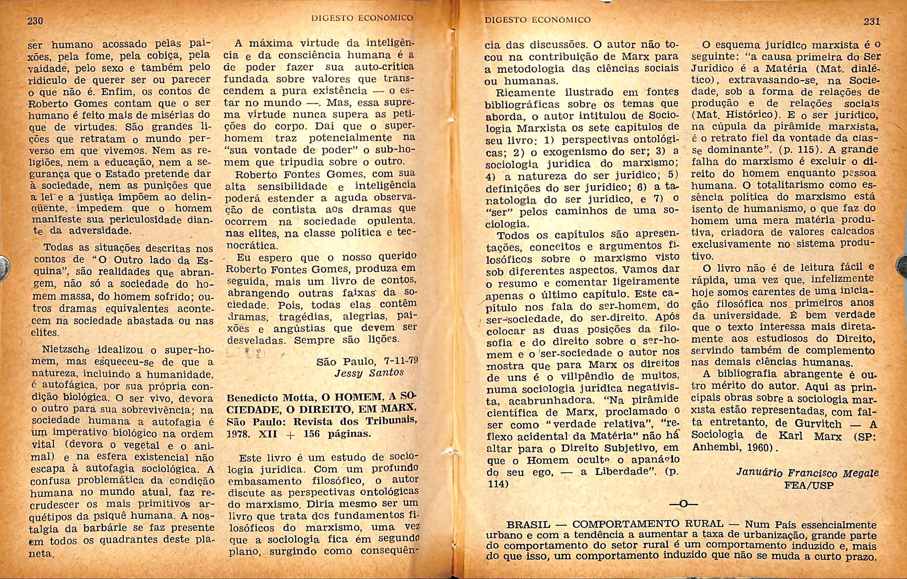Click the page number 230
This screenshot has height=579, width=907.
pos(35,21)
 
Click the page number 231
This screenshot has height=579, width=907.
pos(871,21)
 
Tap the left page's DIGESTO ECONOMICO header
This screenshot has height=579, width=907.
pos(362,18)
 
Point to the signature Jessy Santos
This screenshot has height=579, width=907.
pos(369,373)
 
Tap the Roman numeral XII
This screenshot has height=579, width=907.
pos(268,433)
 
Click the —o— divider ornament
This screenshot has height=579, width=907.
pos(683,504)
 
